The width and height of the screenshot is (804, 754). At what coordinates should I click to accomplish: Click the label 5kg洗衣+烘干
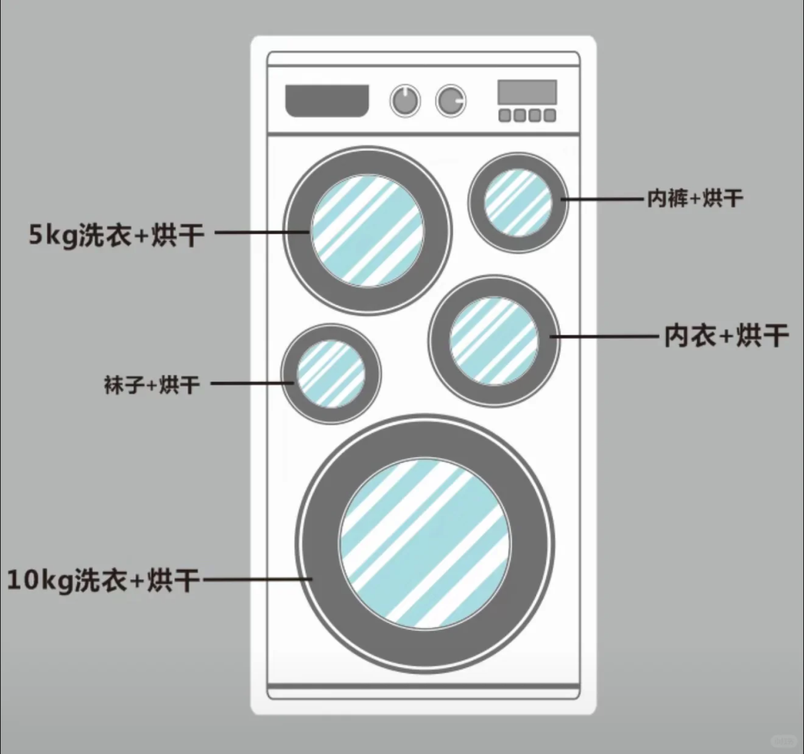point(115,235)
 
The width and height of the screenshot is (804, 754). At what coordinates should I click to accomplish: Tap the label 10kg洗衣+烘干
point(103,579)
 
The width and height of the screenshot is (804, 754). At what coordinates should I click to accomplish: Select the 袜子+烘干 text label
point(152,385)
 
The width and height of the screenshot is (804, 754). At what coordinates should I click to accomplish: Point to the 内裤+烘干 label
point(695,199)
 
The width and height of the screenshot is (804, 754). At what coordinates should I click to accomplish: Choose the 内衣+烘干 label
point(726,336)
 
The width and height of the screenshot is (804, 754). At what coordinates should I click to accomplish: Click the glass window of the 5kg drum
point(367,230)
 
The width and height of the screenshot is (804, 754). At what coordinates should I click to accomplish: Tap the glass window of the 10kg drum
point(425,542)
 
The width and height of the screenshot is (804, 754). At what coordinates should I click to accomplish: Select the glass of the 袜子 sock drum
point(331,373)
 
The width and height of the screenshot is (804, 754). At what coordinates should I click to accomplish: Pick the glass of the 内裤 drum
point(518,202)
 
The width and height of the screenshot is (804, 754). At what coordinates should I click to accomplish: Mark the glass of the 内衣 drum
point(494,341)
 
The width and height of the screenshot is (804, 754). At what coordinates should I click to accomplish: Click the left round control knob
point(405,100)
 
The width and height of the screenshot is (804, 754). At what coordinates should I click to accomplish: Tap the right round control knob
point(450,100)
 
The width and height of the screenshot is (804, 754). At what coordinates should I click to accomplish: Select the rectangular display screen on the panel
point(527,92)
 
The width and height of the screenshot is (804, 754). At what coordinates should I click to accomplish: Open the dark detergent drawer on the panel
point(328,100)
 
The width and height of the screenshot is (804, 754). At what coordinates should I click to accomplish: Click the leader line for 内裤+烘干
point(603,199)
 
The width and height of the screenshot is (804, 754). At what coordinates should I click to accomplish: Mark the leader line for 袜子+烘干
point(252,384)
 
